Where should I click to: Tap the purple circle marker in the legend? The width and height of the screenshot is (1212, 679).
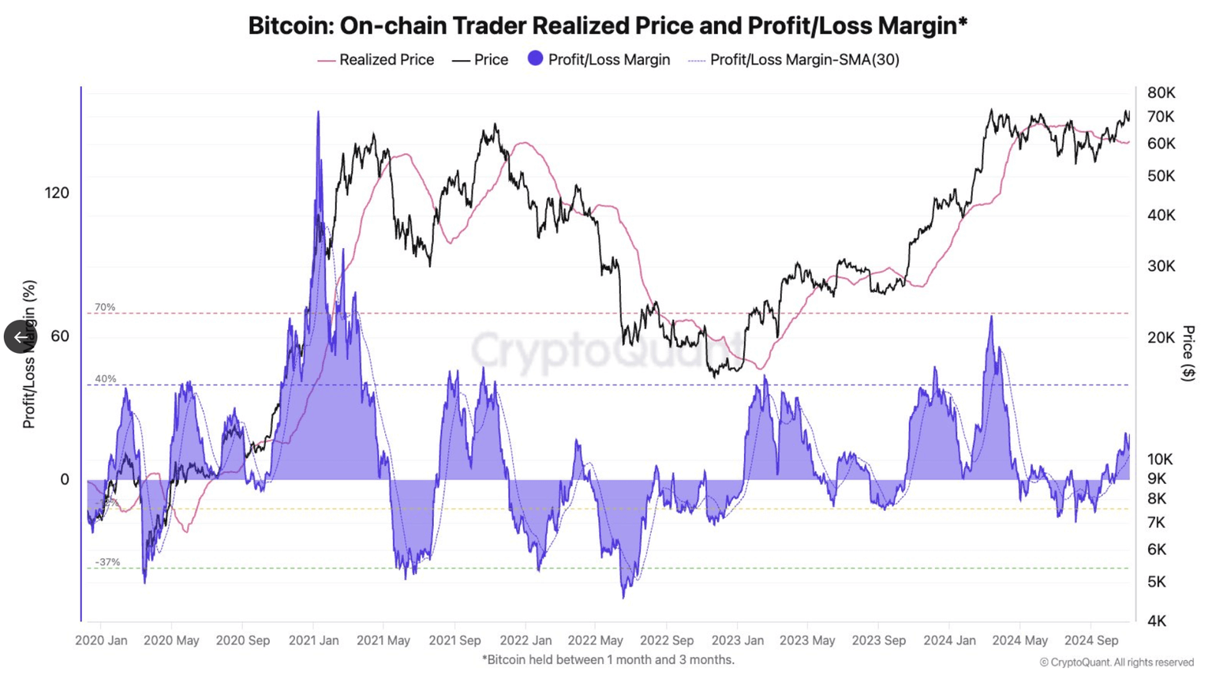[x=535, y=58]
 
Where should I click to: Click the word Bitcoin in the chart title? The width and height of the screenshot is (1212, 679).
[x=290, y=25]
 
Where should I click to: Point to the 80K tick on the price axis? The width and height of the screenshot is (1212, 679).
[x=1161, y=92]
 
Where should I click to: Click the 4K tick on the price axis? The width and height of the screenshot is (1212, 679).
[x=1156, y=621]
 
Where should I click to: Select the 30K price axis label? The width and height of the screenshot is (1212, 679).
[x=1161, y=266]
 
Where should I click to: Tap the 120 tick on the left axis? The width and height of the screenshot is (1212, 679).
[x=57, y=193]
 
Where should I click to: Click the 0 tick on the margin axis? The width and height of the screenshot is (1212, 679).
[x=64, y=479]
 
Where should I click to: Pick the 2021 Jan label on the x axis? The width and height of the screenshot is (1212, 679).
[x=313, y=640]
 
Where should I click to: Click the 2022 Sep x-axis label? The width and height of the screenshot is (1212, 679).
[x=667, y=640]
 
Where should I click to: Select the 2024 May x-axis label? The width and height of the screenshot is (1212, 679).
[x=1019, y=640]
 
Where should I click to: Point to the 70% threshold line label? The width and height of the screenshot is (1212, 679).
[x=105, y=307]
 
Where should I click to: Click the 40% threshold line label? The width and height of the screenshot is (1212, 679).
[x=105, y=379]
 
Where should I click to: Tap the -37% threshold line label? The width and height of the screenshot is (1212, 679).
[x=107, y=562]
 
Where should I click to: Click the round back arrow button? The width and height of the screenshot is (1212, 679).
[x=20, y=337]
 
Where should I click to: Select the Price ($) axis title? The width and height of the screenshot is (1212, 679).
[x=1188, y=353]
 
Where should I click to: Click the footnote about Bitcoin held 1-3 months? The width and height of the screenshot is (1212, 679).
[x=608, y=659]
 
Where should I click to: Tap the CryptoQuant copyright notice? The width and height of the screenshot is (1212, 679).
[x=1116, y=662]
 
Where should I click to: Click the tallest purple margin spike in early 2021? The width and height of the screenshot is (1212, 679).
[x=318, y=114]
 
